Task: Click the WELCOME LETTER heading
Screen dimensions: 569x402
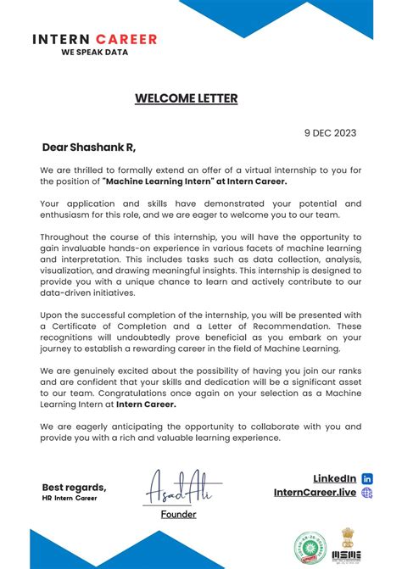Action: pyautogui.click(x=186, y=98)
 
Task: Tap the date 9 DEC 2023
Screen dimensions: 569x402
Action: pyautogui.click(x=330, y=132)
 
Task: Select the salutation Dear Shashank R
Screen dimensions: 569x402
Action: pyautogui.click(x=88, y=148)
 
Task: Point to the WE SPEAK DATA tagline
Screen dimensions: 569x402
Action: pyautogui.click(x=94, y=52)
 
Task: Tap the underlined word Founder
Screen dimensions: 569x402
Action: pyautogui.click(x=179, y=514)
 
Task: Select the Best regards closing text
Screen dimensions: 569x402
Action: pyautogui.click(x=75, y=487)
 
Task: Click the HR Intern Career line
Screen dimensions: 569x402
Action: pyautogui.click(x=70, y=498)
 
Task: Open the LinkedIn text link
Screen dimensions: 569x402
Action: pyautogui.click(x=334, y=479)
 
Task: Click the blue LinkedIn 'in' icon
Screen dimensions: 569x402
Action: pyautogui.click(x=367, y=479)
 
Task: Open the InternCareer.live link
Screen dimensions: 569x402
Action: pyautogui.click(x=314, y=493)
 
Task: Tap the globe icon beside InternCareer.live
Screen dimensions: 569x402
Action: pyautogui.click(x=367, y=493)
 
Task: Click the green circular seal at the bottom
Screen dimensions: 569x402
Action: pyautogui.click(x=309, y=546)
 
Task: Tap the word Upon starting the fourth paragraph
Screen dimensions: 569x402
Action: pyautogui.click(x=53, y=315)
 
